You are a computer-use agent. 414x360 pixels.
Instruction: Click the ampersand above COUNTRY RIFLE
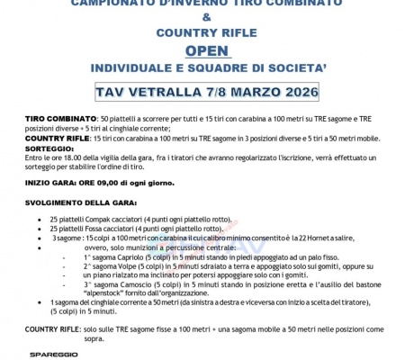208,16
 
